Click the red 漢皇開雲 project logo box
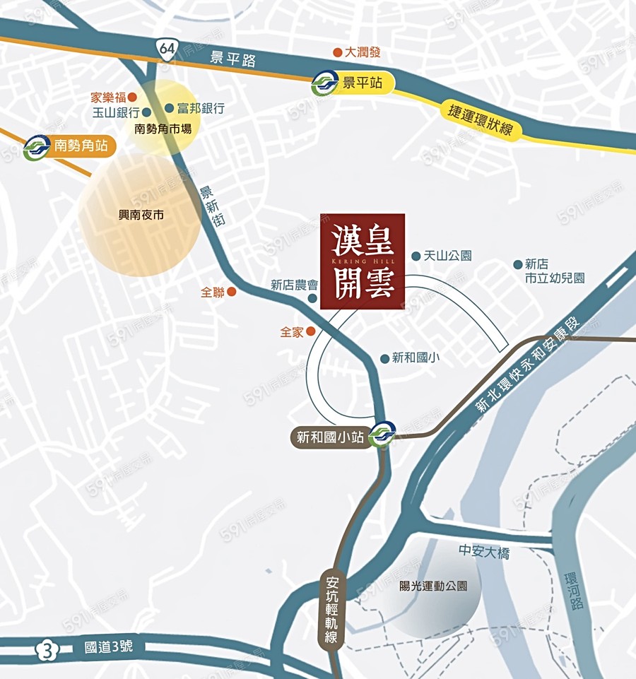(363, 261)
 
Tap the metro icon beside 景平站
(325, 84)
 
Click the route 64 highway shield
(167, 49)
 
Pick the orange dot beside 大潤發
(338, 52)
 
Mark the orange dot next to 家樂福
(131, 97)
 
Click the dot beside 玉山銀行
(146, 112)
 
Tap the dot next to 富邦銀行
(169, 108)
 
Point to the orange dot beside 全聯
(231, 291)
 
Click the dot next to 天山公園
(416, 256)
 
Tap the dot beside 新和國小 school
(384, 358)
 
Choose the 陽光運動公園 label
(433, 586)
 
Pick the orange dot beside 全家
(310, 331)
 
